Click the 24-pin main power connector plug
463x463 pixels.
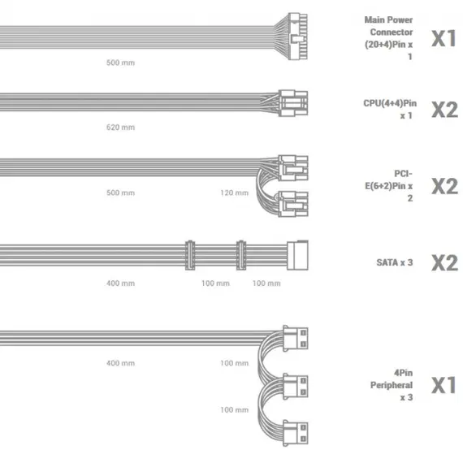(297, 37)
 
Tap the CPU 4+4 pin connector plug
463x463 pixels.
(293, 103)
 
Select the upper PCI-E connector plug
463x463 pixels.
(293, 168)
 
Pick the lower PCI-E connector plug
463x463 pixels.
(293, 204)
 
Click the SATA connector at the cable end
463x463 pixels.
(297, 255)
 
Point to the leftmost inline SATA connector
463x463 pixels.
(190, 255)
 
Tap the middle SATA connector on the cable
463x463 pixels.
(241, 255)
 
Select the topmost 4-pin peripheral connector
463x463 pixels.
(296, 339)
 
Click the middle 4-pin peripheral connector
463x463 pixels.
(296, 386)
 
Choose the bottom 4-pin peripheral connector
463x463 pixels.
(296, 433)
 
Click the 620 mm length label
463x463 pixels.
(120, 128)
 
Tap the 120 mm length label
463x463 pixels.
(235, 193)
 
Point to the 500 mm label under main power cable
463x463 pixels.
(120, 63)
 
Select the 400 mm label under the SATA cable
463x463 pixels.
(120, 283)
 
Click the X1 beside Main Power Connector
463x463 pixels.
(444, 38)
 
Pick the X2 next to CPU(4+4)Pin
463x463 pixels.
(444, 110)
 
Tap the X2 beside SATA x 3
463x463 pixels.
(444, 263)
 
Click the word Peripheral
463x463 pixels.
(392, 385)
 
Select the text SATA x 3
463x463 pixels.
(395, 262)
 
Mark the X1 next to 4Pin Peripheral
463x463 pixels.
(444, 385)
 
